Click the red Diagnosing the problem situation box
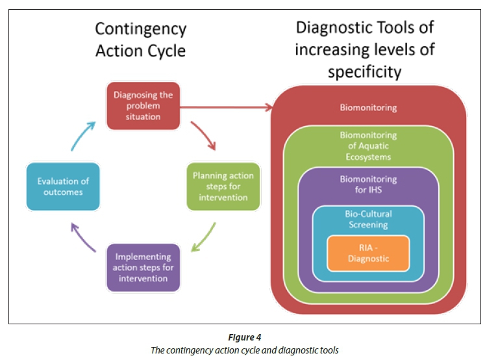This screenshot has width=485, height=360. pyautogui.click(x=142, y=107)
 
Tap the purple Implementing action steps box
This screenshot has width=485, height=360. pyautogui.click(x=143, y=267)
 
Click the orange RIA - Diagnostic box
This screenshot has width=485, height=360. pyautogui.click(x=368, y=253)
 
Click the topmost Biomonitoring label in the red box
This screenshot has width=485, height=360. pyautogui.click(x=368, y=107)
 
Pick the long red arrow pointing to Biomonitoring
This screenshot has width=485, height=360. pyautogui.click(x=227, y=107)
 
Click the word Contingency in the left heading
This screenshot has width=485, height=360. pyautogui.click(x=140, y=29)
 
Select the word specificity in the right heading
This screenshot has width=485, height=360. pyautogui.click(x=364, y=71)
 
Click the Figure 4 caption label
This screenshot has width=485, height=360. pyautogui.click(x=243, y=337)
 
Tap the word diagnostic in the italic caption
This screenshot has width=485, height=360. pyautogui.click(x=296, y=350)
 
